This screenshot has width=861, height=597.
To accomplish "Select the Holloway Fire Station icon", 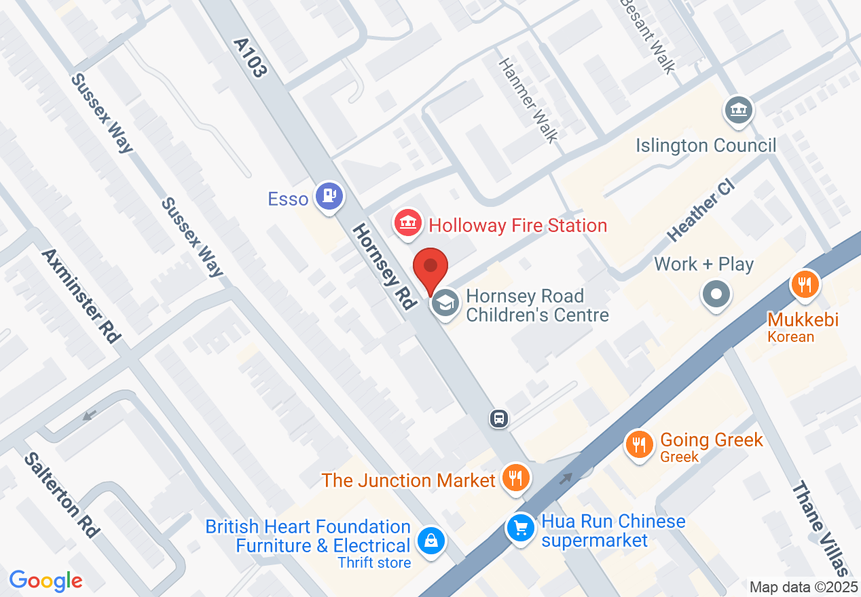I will coord(407,224).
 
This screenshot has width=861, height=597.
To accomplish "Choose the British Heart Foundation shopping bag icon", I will coord(430,541).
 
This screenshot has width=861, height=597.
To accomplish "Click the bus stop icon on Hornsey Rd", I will coord(499,419).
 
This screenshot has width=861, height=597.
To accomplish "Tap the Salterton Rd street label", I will coord(61,495).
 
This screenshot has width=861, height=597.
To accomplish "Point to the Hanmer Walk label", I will coord(528,100).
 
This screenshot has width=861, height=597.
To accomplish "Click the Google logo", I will coord(45,581).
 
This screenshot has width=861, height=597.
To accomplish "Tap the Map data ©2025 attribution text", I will coord(803,587).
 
